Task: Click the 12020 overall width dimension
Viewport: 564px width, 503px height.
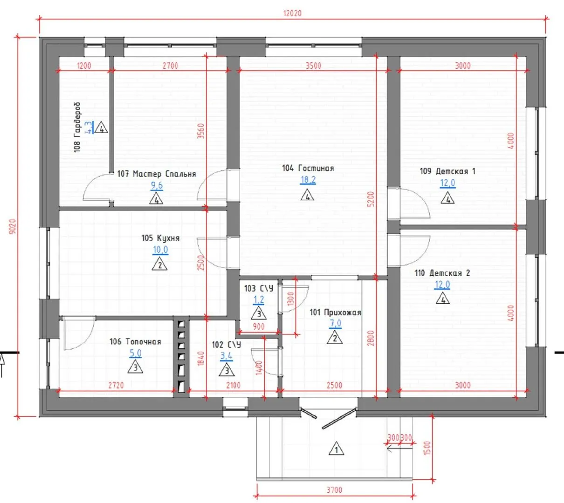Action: coord(292,14)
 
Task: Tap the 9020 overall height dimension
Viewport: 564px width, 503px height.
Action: coord(13,226)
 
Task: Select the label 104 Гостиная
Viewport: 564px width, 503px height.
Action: coord(308,168)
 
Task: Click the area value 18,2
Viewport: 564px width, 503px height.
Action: coord(308,180)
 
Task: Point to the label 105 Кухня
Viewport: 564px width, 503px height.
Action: coord(160,238)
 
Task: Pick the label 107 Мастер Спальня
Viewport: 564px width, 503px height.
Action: coord(157,174)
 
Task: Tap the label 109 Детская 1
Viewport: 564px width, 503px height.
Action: coord(447,171)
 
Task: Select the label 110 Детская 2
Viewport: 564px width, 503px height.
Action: coord(442,273)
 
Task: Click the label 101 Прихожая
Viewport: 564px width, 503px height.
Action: coord(336,313)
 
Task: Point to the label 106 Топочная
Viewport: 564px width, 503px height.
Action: coord(135,342)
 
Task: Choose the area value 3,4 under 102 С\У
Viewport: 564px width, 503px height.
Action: coord(227,356)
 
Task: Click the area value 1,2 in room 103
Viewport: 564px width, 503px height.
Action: coord(259,299)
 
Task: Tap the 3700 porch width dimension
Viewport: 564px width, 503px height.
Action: coord(334,490)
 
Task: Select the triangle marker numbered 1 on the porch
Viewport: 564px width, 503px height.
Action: coord(336,449)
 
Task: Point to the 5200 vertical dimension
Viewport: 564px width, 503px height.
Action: coord(371,199)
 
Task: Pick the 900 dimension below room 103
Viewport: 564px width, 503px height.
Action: coord(259,326)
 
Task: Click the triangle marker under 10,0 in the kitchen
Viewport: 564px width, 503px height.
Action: coord(160,264)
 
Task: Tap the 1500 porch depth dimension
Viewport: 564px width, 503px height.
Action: coord(427,448)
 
